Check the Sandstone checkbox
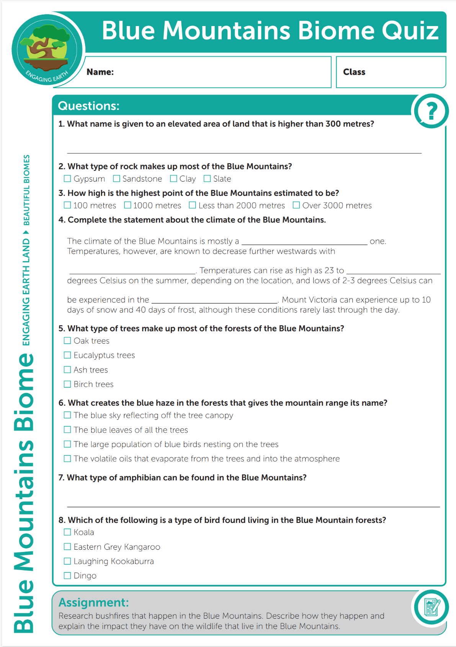click(117, 179)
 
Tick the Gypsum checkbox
click(67, 179)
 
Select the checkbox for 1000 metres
click(127, 205)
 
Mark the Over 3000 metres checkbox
click(296, 205)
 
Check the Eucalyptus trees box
click(67, 355)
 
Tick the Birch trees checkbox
click(67, 384)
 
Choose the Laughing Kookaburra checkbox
click(67, 561)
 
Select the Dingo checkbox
click(67, 575)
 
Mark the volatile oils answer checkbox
click(67, 459)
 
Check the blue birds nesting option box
click(67, 444)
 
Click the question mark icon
click(431, 111)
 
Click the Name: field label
click(100, 72)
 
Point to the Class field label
click(354, 72)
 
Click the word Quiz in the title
click(410, 31)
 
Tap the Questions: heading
click(88, 106)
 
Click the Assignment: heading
click(93, 603)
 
